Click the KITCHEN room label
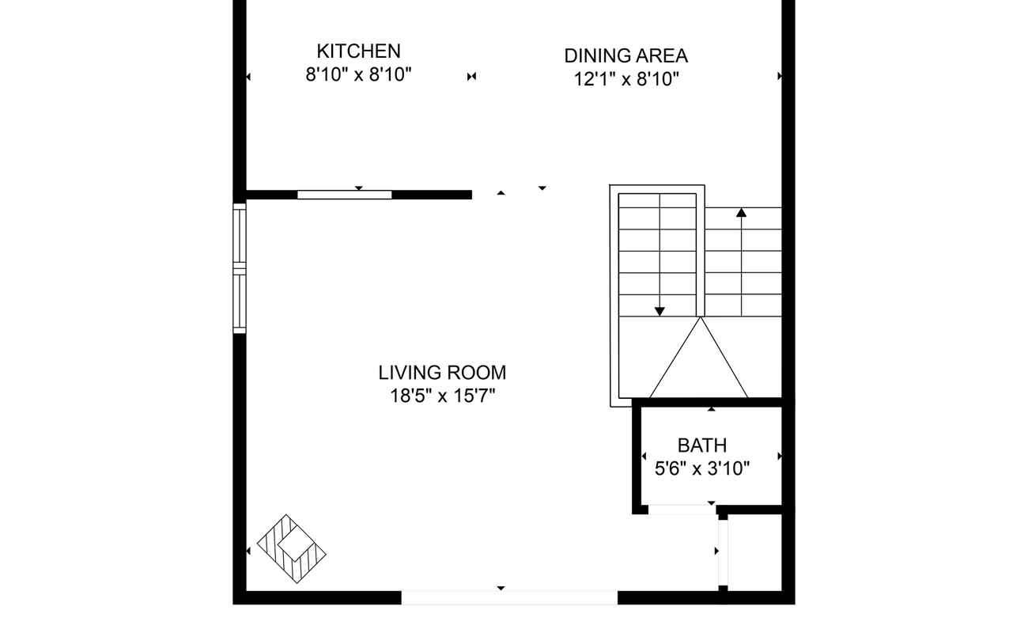pos(358,51)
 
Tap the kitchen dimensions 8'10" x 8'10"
pos(358,76)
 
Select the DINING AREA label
pos(625,56)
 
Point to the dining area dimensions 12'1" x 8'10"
pos(626,80)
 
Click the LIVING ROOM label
pos(442,373)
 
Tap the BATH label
pos(701,445)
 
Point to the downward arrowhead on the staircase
pos(660,311)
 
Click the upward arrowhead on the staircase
pos(741,212)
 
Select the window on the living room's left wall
pos(239,268)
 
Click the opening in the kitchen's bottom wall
pos(344,195)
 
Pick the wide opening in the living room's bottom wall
pos(509,597)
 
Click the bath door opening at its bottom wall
pos(682,510)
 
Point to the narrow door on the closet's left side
pos(722,551)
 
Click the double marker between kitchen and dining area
pos(471,77)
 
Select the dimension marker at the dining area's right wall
pos(780,77)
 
